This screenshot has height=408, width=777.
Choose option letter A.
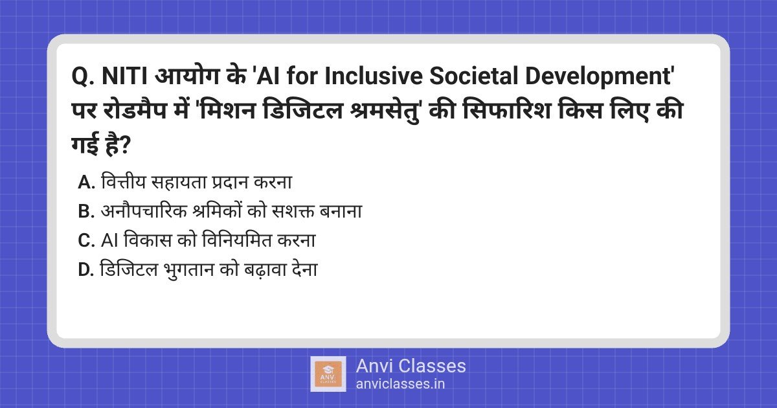click(x=87, y=183)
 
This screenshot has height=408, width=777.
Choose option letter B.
click(x=87, y=212)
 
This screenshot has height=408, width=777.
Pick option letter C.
click(x=87, y=241)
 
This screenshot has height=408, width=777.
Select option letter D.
click(x=87, y=270)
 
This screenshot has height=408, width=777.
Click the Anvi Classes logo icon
click(x=328, y=374)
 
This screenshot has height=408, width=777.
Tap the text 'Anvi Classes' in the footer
click(x=411, y=366)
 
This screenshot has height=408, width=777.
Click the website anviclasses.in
click(x=400, y=383)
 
